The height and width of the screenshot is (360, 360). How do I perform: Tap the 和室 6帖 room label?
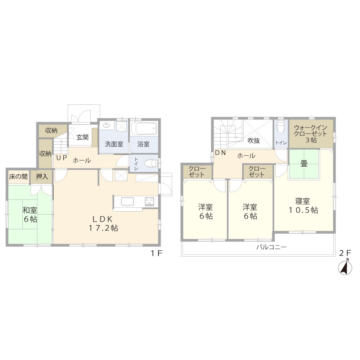pyautogui.click(x=30, y=214)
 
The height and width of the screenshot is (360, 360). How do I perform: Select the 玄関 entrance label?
pyautogui.click(x=82, y=137)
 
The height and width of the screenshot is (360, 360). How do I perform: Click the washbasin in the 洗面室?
pyautogui.click(x=107, y=126)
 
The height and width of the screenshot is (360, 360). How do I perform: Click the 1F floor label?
pyautogui.click(x=157, y=253)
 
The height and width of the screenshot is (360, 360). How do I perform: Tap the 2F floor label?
pyautogui.click(x=345, y=253)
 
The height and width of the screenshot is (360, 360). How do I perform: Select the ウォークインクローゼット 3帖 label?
pyautogui.click(x=310, y=134)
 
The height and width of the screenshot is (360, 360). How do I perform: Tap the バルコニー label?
pyautogui.click(x=271, y=247)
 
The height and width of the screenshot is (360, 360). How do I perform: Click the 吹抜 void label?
pyautogui.click(x=253, y=141)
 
